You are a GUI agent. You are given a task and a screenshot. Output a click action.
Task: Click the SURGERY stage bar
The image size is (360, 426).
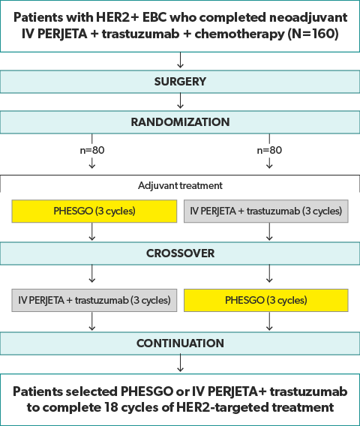pyautogui.click(x=180, y=80)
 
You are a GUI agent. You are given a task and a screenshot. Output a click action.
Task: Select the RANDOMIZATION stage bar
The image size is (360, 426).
pyautogui.click(x=180, y=122)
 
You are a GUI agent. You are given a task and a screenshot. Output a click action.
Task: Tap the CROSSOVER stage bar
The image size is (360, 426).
pyautogui.click(x=180, y=253)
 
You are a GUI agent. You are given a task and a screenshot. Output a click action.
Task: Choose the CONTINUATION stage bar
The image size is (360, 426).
pyautogui.click(x=180, y=343)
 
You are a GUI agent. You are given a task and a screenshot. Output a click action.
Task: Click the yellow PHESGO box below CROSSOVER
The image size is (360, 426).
pyautogui.click(x=266, y=300)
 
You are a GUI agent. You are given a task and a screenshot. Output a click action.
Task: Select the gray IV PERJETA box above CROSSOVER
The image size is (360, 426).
pyautogui.click(x=266, y=211)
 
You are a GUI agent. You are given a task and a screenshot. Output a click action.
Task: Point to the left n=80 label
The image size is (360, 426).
pyautogui.click(x=91, y=150)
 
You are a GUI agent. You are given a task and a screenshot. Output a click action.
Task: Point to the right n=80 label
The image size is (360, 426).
pyautogui.click(x=268, y=150)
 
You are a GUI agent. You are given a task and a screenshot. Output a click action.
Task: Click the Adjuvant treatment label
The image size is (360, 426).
pyautogui.click(x=180, y=184)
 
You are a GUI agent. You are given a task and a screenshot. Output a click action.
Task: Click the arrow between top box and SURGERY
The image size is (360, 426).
pyautogui.click(x=180, y=61)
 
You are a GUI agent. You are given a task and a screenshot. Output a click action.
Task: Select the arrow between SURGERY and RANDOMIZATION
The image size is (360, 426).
pyautogui.click(x=180, y=101)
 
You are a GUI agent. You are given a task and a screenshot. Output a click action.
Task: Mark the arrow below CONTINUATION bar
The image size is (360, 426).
pyautogui.click(x=180, y=364)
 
